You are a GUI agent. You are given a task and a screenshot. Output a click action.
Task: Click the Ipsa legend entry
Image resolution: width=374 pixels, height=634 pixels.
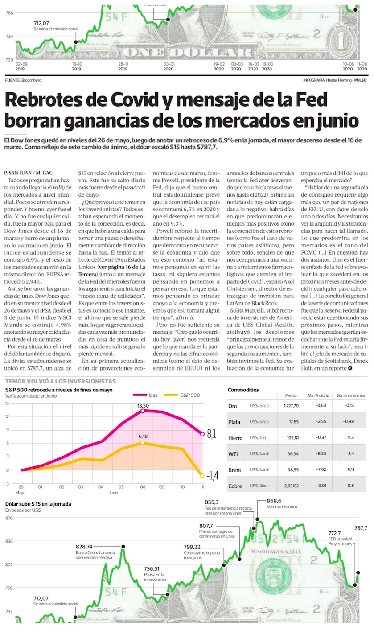(x=145, y=395)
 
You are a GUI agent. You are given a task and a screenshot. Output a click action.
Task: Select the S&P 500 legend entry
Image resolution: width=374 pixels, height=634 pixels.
(x=182, y=395)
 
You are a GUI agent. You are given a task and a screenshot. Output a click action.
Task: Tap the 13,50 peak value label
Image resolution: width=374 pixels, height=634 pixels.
(x=143, y=406)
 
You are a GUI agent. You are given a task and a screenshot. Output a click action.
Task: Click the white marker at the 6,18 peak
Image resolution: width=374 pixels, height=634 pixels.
(x=142, y=442)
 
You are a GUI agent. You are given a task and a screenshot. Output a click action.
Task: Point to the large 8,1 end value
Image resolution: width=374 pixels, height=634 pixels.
(x=211, y=434)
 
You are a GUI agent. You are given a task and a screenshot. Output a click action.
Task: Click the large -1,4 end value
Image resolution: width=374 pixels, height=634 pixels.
(x=213, y=476)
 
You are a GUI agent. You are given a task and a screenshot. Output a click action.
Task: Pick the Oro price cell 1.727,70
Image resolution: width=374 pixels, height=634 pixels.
(x=291, y=406)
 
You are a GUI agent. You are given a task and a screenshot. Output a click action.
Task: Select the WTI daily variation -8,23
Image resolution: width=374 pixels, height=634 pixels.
(x=321, y=453)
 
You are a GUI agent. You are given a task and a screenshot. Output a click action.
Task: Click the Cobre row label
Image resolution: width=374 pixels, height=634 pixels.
(x=235, y=486)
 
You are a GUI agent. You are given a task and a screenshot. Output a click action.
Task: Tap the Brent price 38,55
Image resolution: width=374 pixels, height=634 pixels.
(x=293, y=469)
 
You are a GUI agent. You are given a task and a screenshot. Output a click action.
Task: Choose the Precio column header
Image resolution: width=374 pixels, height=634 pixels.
(x=291, y=395)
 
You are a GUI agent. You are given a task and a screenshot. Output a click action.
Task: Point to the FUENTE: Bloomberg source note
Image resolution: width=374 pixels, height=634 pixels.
(x=23, y=80)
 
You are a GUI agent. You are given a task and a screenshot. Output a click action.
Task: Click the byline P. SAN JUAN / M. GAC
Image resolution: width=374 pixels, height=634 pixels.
(x=28, y=173)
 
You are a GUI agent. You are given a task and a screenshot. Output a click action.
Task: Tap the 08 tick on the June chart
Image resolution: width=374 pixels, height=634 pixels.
(x=143, y=487)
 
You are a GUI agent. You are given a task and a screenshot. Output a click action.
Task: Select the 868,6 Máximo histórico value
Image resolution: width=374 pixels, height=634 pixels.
(x=274, y=501)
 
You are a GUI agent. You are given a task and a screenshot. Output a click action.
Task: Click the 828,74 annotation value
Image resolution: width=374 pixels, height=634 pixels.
(x=84, y=547)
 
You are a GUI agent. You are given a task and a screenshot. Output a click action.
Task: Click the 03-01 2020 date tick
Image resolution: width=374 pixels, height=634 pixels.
(x=169, y=66)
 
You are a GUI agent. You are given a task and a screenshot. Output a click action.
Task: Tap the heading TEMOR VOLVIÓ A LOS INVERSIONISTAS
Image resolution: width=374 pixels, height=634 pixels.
(x=61, y=382)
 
